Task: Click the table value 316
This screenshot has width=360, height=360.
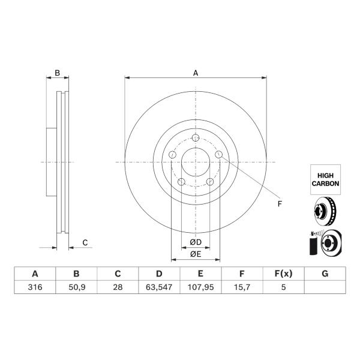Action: [x=35, y=287]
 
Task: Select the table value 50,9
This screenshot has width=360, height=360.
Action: [x=77, y=287]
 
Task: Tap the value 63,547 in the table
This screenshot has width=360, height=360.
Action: [x=159, y=287]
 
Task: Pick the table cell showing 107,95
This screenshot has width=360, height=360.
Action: [x=200, y=287]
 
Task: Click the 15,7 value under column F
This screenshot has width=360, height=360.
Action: [x=242, y=287]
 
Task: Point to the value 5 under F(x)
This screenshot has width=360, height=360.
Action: [x=284, y=287]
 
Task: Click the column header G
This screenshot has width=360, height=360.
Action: [x=325, y=274]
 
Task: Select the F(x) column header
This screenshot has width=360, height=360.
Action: [x=284, y=274]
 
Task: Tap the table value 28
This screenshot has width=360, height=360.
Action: [x=118, y=287]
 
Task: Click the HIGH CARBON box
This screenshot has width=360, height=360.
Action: [x=325, y=179]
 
